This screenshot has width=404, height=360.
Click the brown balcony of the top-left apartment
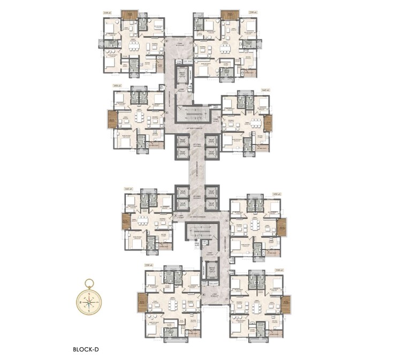(129, 14)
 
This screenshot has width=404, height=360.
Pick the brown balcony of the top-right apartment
(230, 14)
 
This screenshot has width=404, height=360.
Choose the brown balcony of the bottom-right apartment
(286, 304)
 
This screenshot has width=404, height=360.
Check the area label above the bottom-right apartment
(278, 270)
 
